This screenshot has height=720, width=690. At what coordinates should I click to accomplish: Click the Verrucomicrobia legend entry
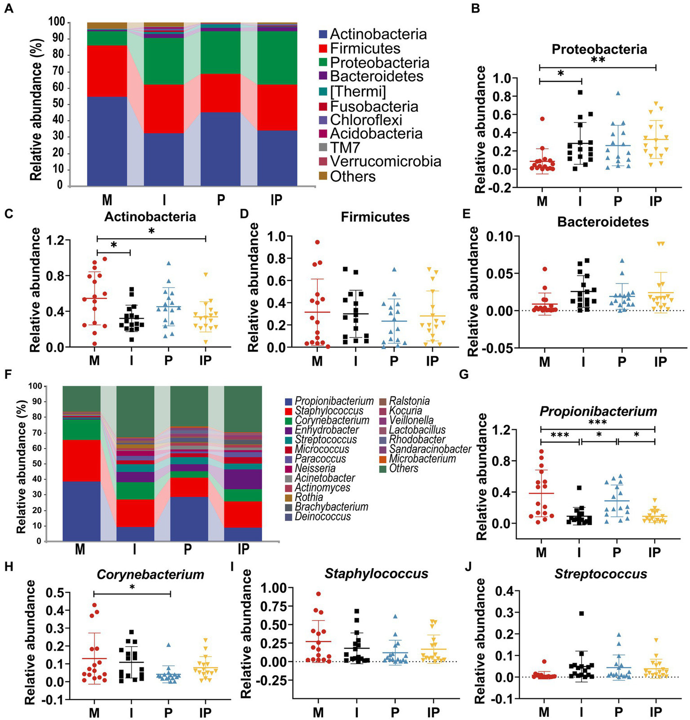click(x=385, y=161)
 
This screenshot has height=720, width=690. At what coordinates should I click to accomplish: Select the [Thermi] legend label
click(x=358, y=91)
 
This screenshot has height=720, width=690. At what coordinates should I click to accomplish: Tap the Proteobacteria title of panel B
click(x=599, y=49)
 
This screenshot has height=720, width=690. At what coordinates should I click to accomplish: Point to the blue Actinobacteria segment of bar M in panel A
click(x=107, y=141)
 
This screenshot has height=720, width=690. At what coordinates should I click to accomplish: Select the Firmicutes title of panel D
click(x=375, y=217)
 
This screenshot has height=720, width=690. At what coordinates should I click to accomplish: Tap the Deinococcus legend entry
click(x=322, y=516)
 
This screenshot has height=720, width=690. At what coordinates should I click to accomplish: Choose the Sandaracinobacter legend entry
click(x=430, y=449)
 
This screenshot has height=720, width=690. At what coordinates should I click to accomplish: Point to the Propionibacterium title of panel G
click(x=598, y=411)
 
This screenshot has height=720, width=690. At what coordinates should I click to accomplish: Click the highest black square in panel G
click(x=579, y=488)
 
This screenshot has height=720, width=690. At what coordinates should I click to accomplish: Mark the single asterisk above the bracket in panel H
click(x=132, y=587)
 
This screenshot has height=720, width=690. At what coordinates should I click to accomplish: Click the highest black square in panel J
click(x=581, y=613)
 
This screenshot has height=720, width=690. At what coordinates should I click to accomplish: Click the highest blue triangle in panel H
click(x=169, y=644)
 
